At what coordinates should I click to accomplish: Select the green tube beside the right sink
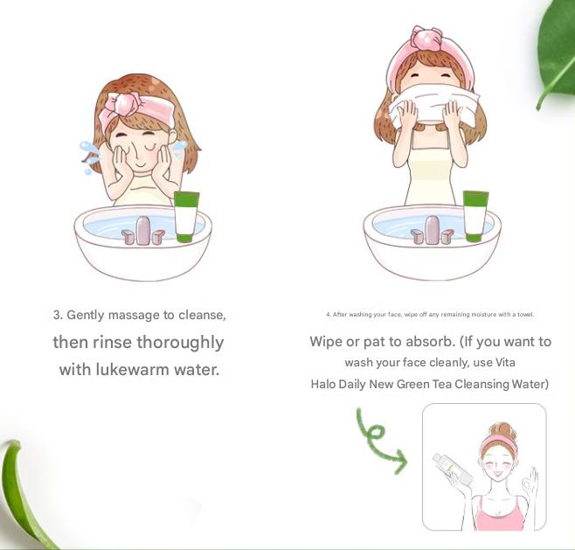click(475, 215)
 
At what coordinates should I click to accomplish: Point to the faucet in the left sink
click(142, 231)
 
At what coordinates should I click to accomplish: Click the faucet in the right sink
click(432, 231)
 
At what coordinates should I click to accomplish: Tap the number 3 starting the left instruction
click(56, 315)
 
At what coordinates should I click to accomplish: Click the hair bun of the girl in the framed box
click(502, 429)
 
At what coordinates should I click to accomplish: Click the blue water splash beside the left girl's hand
click(90, 155)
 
